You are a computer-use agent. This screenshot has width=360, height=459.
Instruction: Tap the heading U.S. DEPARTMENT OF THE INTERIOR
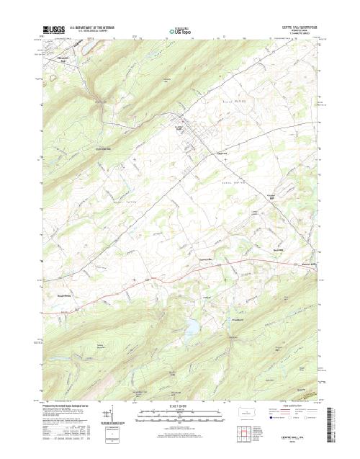(95, 27)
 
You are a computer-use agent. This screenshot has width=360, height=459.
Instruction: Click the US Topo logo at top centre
(180, 31)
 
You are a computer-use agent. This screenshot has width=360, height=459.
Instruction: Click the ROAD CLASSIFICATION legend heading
(295, 407)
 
